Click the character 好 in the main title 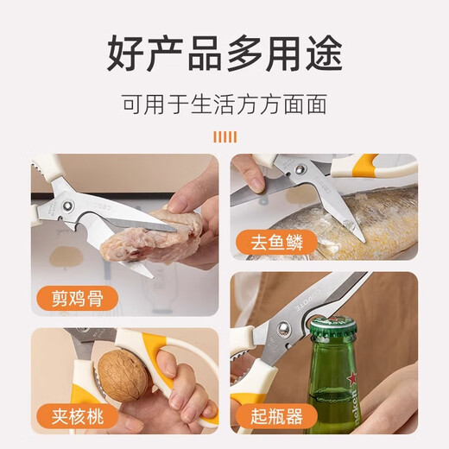125,54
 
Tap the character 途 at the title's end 323,54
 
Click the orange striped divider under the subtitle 224,136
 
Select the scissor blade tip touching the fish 357,231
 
